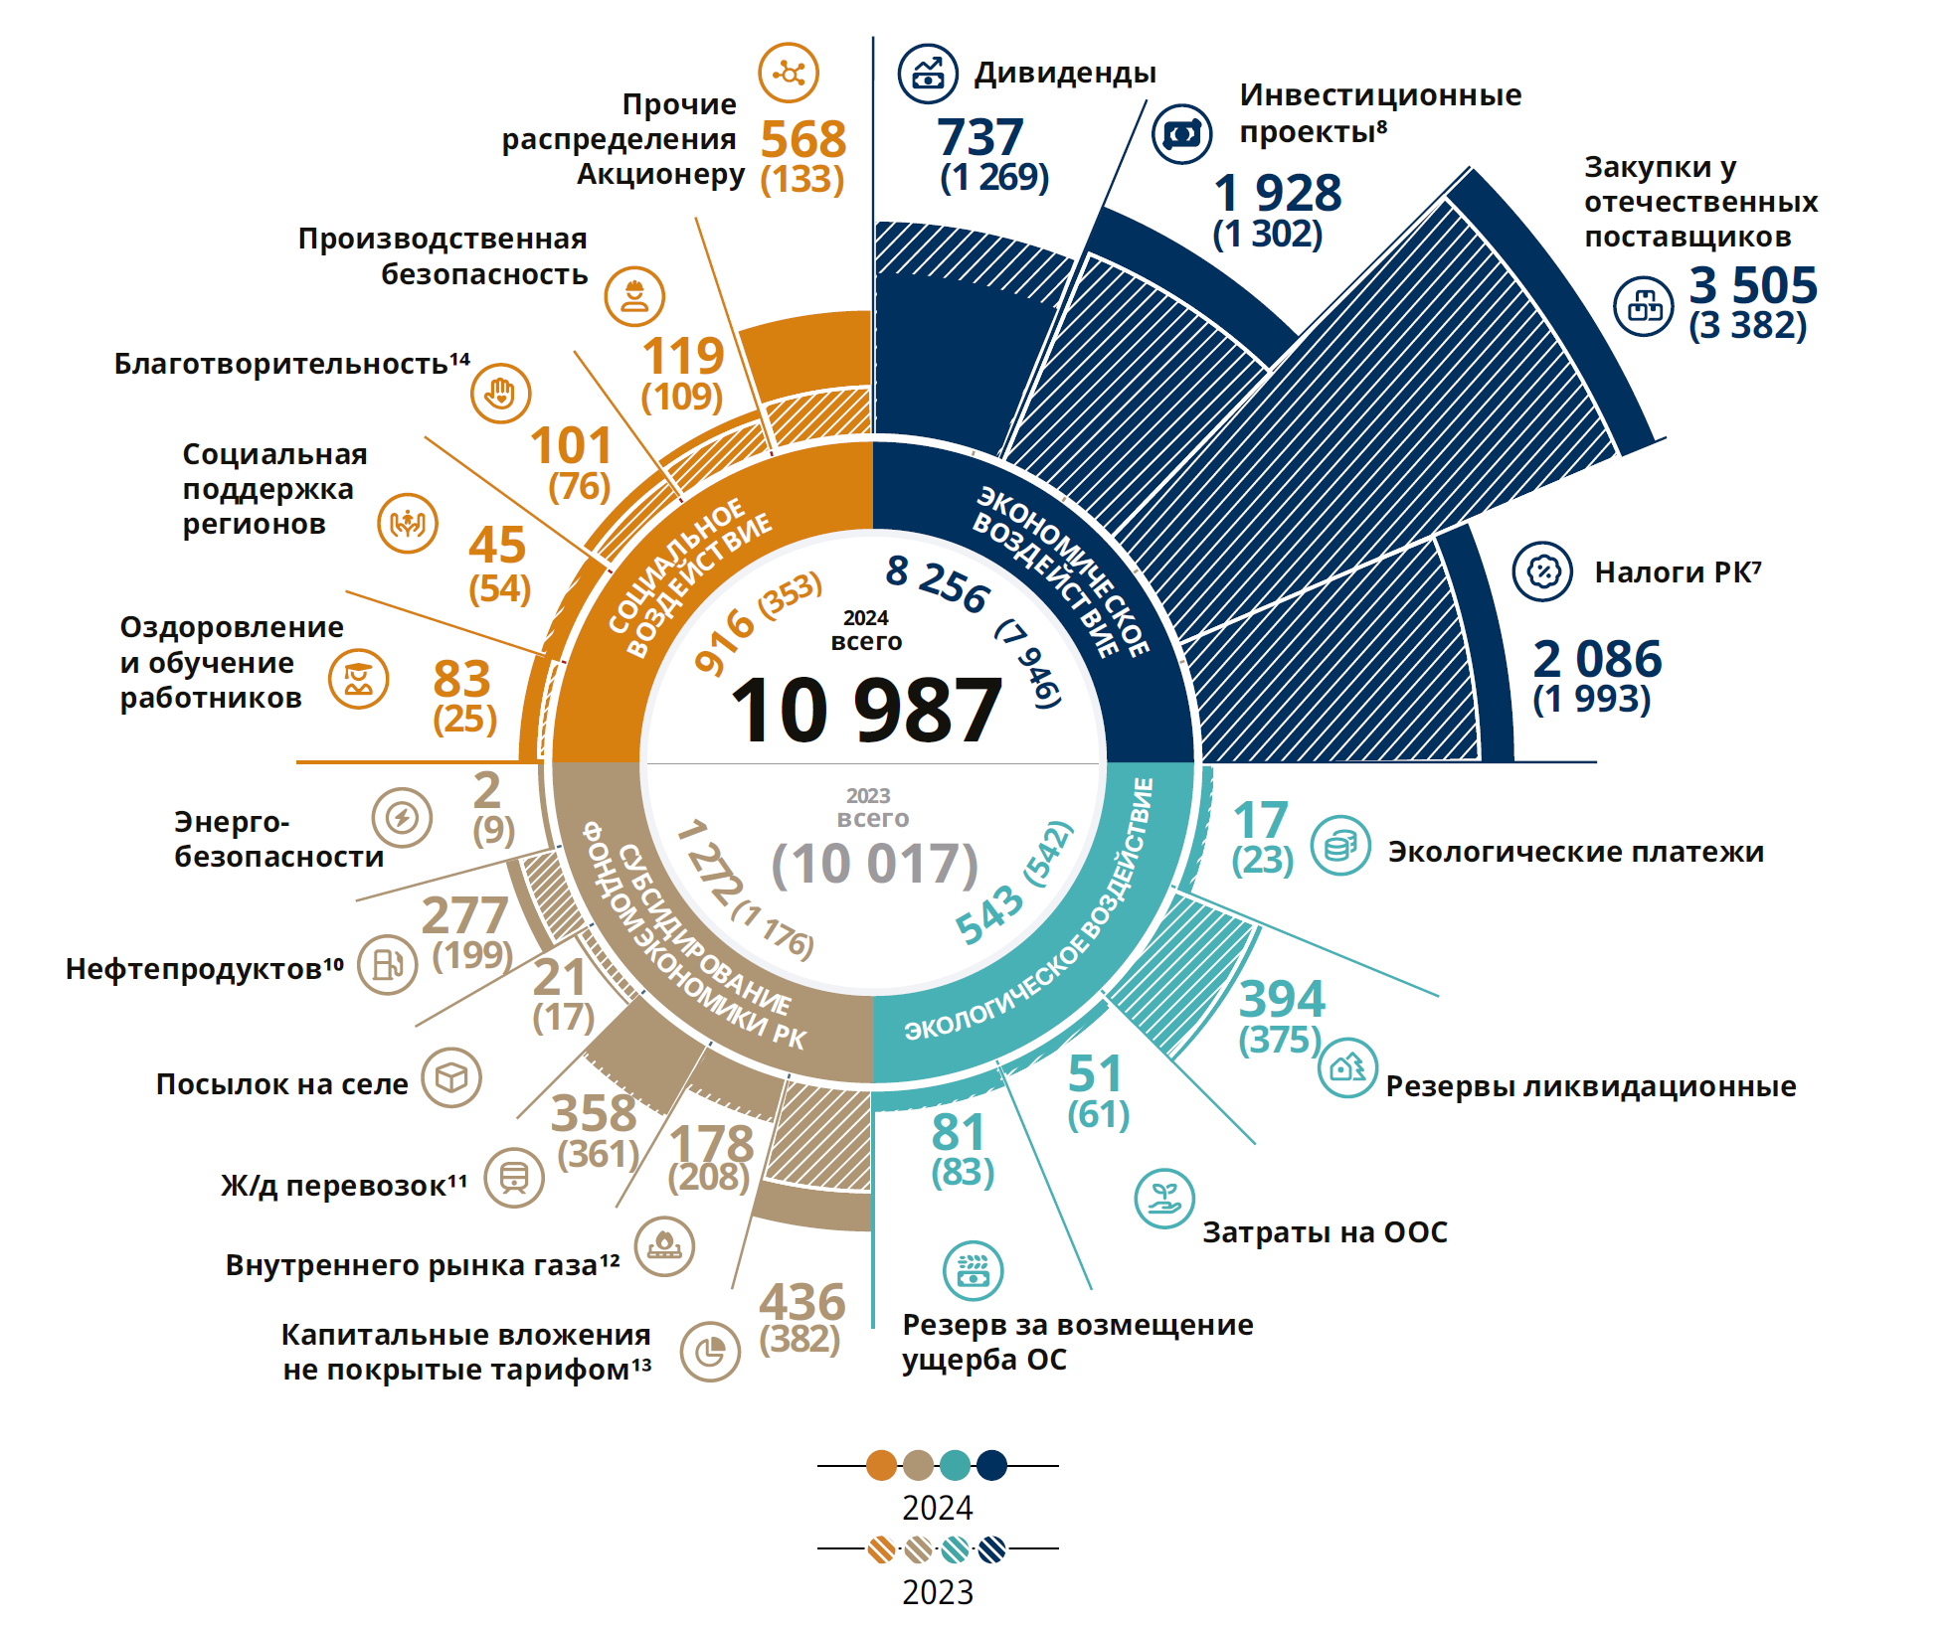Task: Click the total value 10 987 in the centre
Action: point(866,710)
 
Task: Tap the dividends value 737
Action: point(979,137)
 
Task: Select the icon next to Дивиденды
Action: point(927,74)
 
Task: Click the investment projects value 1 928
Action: point(1278,193)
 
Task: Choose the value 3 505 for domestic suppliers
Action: point(1753,285)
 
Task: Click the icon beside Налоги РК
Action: point(1541,571)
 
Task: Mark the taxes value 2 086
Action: point(1597,659)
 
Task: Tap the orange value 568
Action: point(802,139)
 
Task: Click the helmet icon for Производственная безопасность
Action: point(633,296)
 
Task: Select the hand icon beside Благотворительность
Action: point(500,393)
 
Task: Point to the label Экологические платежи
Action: point(1575,852)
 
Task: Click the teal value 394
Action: point(1282,999)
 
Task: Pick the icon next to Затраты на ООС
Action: point(1163,1199)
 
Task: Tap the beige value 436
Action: point(801,1302)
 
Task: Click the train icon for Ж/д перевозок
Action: point(514,1178)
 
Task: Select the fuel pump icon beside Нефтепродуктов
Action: point(387,964)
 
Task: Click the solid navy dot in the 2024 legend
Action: point(991,1465)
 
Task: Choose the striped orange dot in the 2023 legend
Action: point(881,1548)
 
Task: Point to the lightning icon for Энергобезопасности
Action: point(402,818)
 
